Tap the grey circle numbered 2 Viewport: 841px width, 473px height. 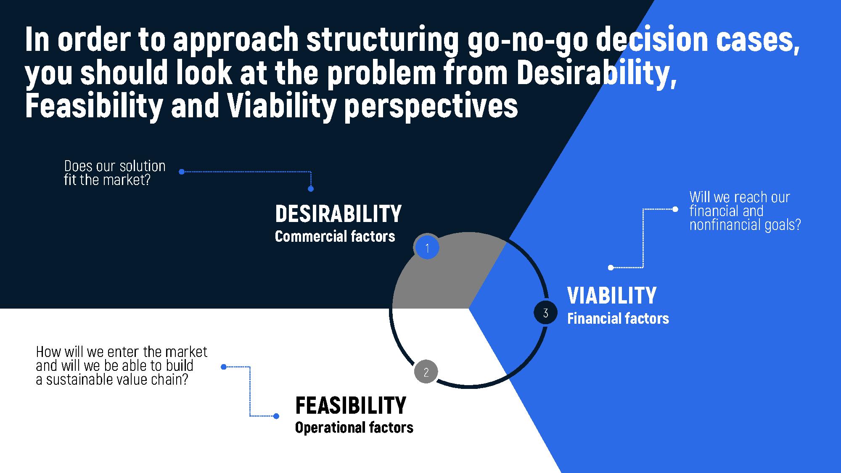point(426,372)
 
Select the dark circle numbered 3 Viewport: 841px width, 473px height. point(545,313)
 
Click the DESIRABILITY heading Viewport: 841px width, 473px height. point(338,214)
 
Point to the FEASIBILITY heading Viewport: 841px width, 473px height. point(351,405)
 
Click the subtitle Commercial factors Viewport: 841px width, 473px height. point(335,236)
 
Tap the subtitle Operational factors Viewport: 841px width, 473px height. point(354,427)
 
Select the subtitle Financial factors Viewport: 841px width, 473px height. point(618,318)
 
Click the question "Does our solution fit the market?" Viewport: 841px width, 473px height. point(115,173)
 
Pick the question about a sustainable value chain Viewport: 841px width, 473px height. point(122,365)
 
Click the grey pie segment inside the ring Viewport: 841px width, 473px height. point(446,273)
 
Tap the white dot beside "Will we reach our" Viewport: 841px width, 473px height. point(675,209)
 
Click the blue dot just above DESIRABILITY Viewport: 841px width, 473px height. point(311,189)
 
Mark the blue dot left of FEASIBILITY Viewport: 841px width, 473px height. point(276,416)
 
